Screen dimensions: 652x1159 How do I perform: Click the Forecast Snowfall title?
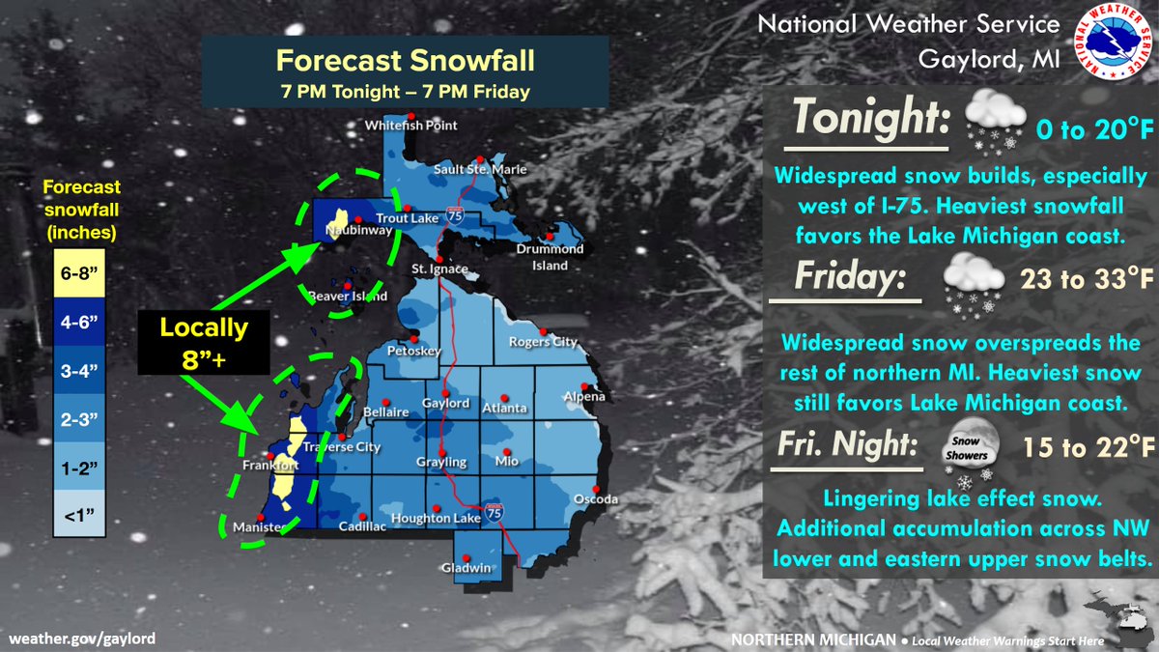coord(405,61)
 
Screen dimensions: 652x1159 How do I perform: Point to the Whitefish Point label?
coord(410,126)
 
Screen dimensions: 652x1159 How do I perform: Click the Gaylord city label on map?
coord(445,403)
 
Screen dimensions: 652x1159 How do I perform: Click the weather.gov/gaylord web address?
coord(82,638)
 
